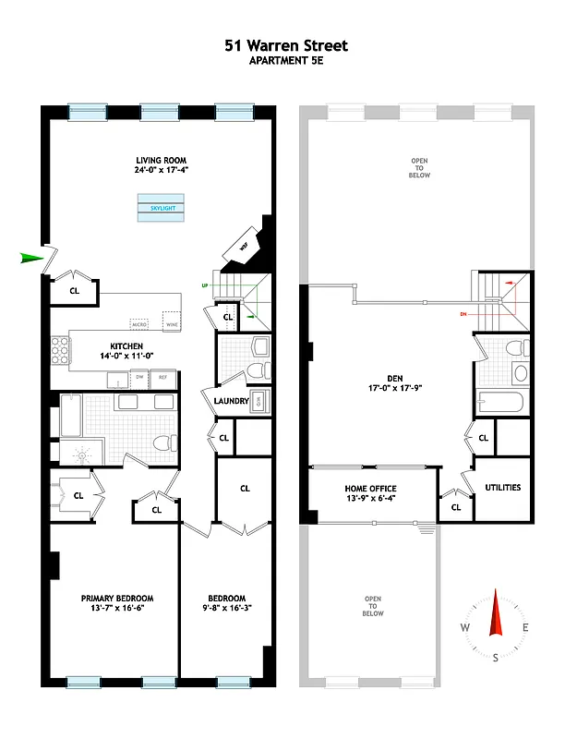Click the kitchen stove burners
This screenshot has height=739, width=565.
60,352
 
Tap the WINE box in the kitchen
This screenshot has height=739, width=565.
170,325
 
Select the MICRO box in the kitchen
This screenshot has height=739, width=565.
139,325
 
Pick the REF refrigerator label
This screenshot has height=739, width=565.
162,378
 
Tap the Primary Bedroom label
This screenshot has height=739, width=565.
116,598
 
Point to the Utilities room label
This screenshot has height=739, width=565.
503,488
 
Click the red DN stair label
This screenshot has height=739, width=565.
463,315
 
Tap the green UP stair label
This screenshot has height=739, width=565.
205,286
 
